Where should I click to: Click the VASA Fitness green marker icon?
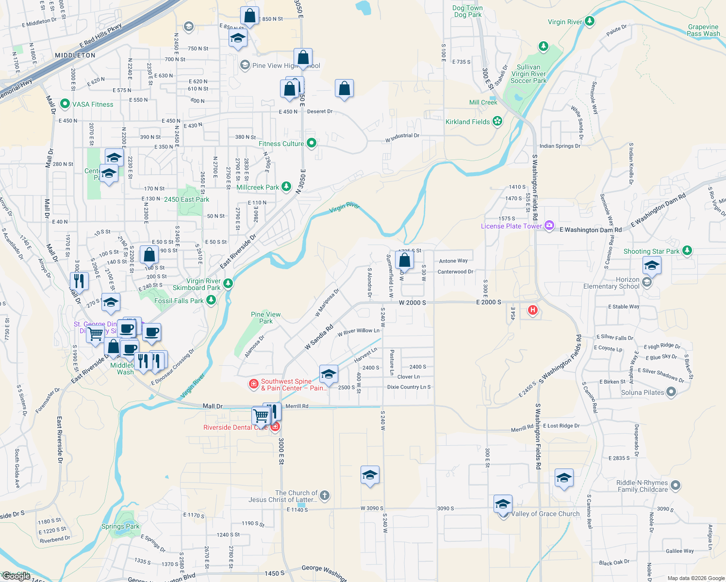pos(65,104)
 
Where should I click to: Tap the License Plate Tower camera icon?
pos(549,226)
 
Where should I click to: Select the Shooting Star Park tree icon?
pos(687,251)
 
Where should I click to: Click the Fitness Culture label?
pos(281,144)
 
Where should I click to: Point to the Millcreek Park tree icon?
pos(286,187)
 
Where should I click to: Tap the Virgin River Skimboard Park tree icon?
pos(228,284)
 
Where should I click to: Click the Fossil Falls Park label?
pos(179,301)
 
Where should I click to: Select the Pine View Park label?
pos(265,318)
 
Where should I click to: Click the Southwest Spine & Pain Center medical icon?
pos(253,384)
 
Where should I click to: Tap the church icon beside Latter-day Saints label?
pos(325,496)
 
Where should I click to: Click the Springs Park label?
pos(120,526)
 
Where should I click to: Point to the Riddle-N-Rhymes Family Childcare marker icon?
pos(675,485)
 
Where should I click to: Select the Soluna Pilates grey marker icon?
pos(671,392)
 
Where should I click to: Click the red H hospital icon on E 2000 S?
pos(533,310)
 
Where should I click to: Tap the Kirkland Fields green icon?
pos(497,121)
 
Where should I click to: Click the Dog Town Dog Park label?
pos(467,11)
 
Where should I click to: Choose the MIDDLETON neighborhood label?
pos(75,55)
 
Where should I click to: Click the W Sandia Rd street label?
pos(319,338)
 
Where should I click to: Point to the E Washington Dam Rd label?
pos(591,229)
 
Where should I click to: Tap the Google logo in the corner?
pos(16,576)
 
